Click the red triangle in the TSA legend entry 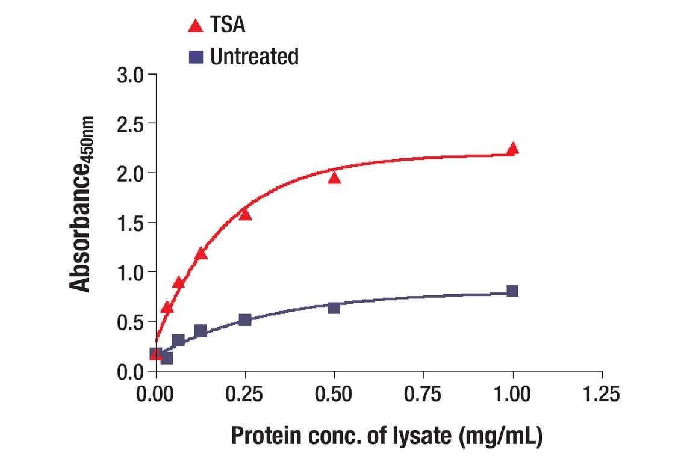(196, 26)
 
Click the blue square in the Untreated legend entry (196, 57)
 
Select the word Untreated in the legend (254, 57)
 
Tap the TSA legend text (228, 25)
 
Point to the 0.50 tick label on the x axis (334, 395)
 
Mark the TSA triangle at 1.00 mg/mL (512, 149)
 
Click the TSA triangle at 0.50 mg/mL (334, 178)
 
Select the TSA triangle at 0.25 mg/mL (245, 215)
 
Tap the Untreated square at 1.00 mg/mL (512, 291)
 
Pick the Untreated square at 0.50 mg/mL (334, 308)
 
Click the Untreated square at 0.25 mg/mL (245, 320)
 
